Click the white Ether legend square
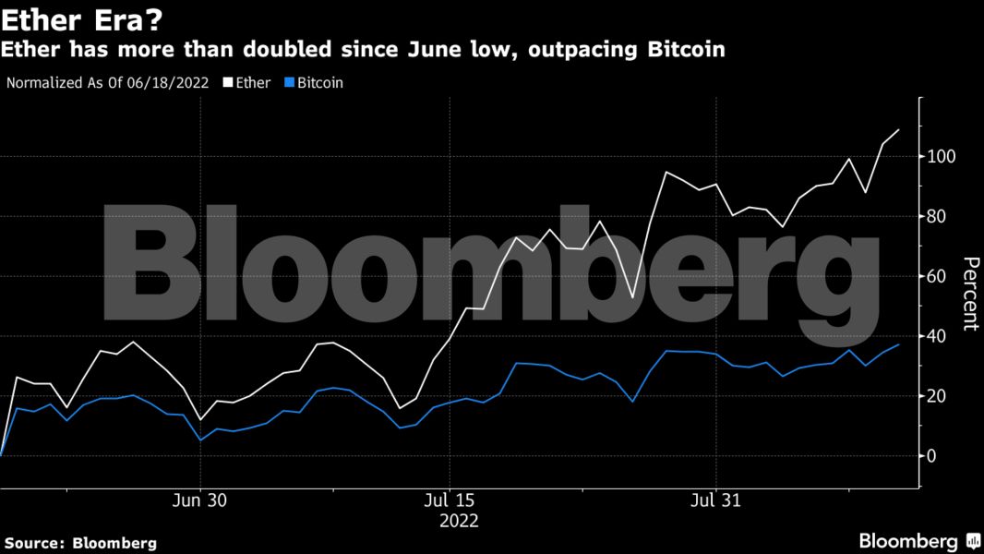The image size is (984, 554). (228, 83)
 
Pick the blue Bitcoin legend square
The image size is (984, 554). (289, 83)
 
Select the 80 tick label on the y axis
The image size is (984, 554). (939, 216)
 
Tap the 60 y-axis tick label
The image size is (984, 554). (939, 276)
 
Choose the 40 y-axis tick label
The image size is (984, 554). (939, 336)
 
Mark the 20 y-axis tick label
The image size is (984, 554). (939, 396)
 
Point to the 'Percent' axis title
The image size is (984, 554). (969, 294)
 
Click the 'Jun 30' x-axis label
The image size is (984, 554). (199, 500)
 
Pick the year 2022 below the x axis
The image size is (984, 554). (459, 521)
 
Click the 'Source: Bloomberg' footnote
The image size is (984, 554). (80, 542)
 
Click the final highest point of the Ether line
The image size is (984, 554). (899, 130)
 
